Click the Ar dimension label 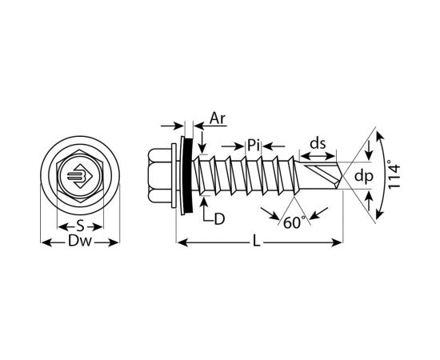(x=218, y=118)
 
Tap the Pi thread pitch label (x=254, y=146)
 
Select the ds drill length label (x=318, y=144)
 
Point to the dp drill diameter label (x=364, y=177)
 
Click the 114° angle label (x=394, y=174)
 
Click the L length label (x=257, y=242)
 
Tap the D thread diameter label (x=219, y=219)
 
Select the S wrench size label (x=80, y=226)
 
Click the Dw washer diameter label (x=80, y=241)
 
